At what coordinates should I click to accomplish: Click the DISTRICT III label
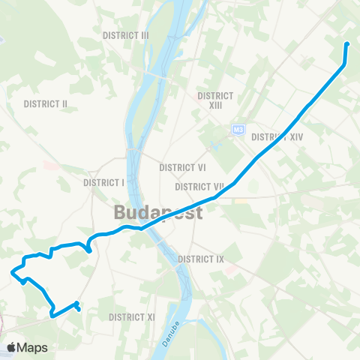(x=127, y=35)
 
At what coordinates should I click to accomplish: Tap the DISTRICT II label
(x=46, y=103)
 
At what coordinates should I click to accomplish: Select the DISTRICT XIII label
(x=215, y=100)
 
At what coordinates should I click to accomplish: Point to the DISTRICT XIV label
(x=277, y=137)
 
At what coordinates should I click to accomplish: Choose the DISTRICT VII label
(x=199, y=186)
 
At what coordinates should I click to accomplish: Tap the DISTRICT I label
(x=103, y=182)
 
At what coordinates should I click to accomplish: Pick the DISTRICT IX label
(x=201, y=259)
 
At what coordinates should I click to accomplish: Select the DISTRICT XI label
(x=131, y=317)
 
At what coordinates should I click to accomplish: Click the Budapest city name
(x=158, y=212)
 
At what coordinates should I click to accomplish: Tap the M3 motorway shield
(x=238, y=129)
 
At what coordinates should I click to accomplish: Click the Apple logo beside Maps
(x=12, y=347)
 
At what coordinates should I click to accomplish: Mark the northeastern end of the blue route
(x=346, y=44)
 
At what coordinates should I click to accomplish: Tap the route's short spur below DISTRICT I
(x=89, y=249)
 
